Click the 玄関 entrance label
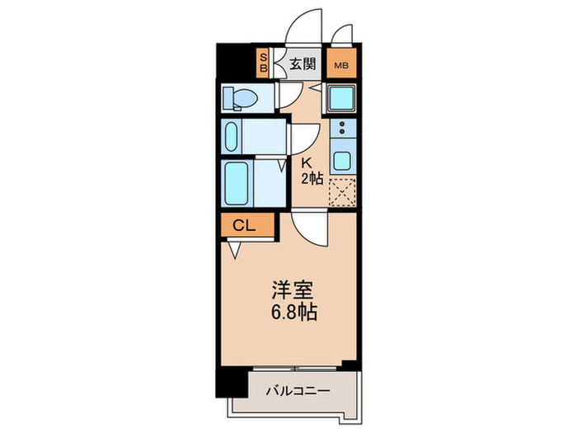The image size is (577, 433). (x=303, y=64)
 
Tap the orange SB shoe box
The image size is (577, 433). (x=264, y=63)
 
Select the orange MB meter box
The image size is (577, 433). (x=340, y=64)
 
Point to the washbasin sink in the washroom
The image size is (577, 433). (x=232, y=136)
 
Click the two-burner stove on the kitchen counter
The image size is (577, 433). (x=340, y=129)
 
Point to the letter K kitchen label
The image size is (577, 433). (x=306, y=162)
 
